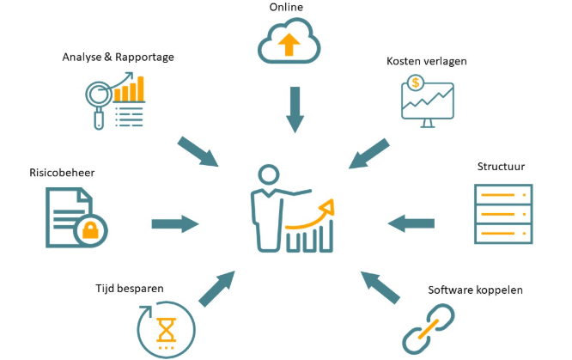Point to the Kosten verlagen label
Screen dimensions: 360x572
coord(426,62)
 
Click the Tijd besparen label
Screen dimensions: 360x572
coord(130,288)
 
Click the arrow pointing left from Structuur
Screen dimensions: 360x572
coord(411,223)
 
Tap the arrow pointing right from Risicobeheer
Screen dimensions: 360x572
coord(175,224)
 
